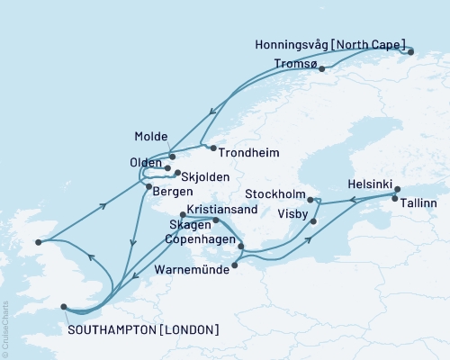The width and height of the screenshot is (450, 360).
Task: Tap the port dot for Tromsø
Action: click(321, 68)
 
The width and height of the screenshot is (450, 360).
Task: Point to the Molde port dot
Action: click(172, 157)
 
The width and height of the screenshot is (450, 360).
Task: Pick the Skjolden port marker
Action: click(177, 173)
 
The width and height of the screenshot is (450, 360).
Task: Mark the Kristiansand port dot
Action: click(183, 215)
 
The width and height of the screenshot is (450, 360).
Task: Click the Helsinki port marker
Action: click(393, 193)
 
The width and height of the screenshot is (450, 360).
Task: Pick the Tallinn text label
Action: click(418, 204)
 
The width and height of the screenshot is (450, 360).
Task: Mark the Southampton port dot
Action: click(64, 306)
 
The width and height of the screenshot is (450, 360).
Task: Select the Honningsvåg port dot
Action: click(410, 52)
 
